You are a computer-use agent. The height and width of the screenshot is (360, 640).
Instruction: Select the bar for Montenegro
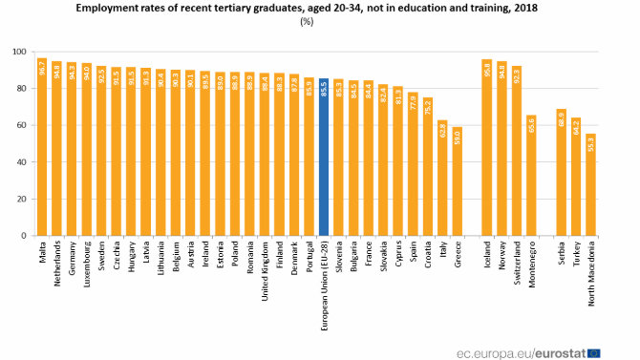532,176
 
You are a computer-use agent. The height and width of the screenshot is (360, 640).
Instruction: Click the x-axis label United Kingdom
265,272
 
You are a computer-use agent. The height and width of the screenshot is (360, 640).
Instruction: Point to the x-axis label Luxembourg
87,267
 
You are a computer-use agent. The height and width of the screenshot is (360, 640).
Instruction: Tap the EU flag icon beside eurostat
593,350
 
